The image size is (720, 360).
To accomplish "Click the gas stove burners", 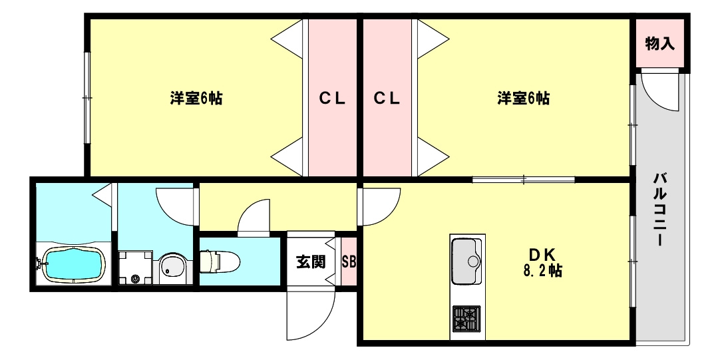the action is point(466,319).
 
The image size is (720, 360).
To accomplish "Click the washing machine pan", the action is point(136,268).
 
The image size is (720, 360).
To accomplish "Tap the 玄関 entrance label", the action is point(310,262).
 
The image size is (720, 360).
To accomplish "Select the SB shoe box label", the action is point(349,262).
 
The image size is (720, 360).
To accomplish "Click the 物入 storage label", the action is point(660,44).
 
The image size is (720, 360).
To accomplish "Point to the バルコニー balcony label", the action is point(660,209).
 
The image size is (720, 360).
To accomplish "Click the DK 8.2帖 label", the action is point(543,262).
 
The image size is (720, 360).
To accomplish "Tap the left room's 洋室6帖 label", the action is point(196,98).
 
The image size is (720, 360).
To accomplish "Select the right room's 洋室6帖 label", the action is point(523,98).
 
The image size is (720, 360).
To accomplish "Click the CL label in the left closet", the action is point(332,98).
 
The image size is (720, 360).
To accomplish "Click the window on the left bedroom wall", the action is point(87,98).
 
